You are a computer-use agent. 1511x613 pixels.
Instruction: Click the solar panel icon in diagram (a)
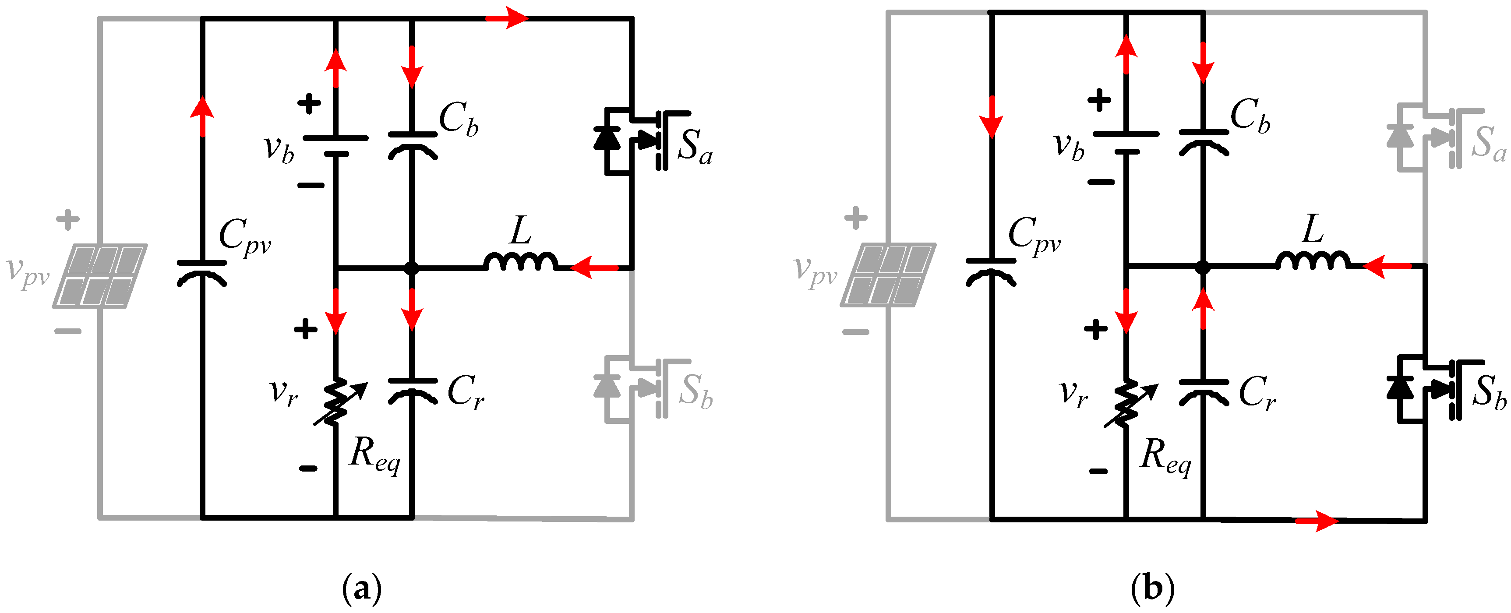tap(100, 276)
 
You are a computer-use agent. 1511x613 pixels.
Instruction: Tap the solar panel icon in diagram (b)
tap(888, 275)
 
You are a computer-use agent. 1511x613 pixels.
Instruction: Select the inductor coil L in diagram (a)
tap(521, 262)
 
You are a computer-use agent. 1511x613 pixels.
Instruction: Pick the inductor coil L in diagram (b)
tap(1313, 261)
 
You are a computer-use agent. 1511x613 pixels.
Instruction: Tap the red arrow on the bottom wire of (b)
tap(1317, 520)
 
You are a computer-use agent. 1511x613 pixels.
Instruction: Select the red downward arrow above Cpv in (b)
tap(991, 117)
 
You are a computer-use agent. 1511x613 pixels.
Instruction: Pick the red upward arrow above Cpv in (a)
tap(202, 116)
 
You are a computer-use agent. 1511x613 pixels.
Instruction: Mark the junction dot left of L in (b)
tap(1203, 268)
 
